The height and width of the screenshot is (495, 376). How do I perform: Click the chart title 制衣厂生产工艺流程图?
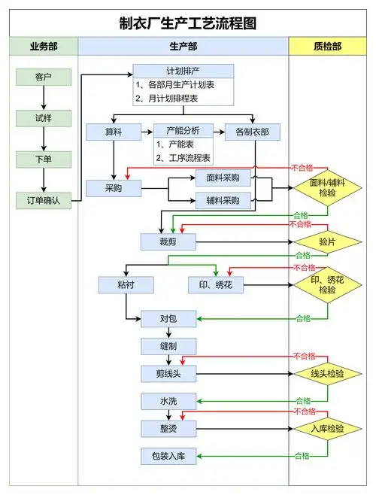(187, 23)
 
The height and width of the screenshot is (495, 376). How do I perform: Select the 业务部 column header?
(43, 47)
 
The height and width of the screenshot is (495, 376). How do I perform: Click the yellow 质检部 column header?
(327, 47)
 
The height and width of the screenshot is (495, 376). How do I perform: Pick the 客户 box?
(44, 77)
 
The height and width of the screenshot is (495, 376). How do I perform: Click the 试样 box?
(44, 118)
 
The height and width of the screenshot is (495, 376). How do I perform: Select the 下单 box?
(44, 159)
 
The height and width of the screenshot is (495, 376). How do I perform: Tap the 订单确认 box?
(44, 200)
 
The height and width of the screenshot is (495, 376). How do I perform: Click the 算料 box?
(114, 132)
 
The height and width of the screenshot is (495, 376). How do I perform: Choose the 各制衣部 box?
(252, 132)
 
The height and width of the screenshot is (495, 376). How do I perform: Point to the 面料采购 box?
(223, 178)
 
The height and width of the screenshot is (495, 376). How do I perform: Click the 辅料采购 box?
(223, 200)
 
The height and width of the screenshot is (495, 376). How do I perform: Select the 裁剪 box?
(168, 241)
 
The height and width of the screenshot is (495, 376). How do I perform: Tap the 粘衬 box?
(126, 285)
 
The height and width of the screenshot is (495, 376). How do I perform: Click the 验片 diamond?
(327, 241)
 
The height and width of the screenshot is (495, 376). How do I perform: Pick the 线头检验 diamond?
(327, 373)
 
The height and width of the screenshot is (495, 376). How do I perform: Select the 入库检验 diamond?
(327, 428)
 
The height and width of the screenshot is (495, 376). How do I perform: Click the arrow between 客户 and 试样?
(44, 98)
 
